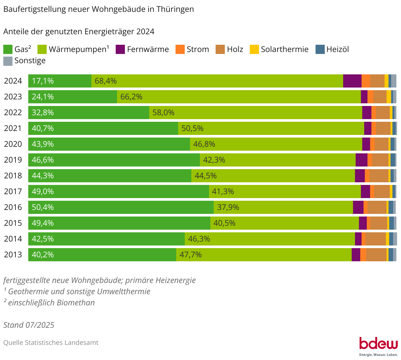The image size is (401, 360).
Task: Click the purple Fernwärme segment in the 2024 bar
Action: click(352, 81)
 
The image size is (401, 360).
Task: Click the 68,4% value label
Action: click(106, 81)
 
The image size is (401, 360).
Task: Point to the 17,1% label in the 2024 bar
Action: click(43, 81)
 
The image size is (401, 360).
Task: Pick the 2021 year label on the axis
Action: click(13, 128)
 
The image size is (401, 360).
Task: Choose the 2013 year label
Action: click(13, 255)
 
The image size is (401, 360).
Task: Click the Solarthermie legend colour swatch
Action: click(254, 49)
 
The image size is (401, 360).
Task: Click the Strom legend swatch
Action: click(180, 49)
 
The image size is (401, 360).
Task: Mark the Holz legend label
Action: click(235, 49)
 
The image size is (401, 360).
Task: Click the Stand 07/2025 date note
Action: click(29, 325)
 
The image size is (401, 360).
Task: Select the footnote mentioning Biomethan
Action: click(49, 303)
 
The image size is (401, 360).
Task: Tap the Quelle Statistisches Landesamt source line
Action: click(51, 343)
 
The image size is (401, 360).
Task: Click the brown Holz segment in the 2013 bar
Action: click(376, 255)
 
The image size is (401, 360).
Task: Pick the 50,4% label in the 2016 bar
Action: click(43, 207)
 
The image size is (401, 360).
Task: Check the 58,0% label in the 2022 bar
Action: click(163, 113)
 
